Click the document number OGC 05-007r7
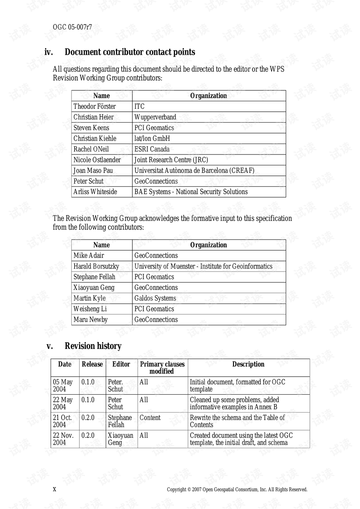pyautogui.click(x=72, y=27)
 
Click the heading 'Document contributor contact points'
pyautogui.click(x=130, y=52)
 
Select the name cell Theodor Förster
pyautogui.click(x=94, y=107)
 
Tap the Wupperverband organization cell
pyautogui.click(x=155, y=117)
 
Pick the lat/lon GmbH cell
pyautogui.click(x=152, y=138)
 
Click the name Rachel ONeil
pyautogui.click(x=91, y=149)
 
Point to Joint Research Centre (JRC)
pyautogui.click(x=171, y=160)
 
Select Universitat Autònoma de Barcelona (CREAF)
pyautogui.click(x=194, y=170)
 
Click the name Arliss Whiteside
pyautogui.click(x=95, y=192)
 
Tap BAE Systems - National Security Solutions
pyautogui.click(x=191, y=192)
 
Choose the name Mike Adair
pyautogui.click(x=89, y=255)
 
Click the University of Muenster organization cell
pyautogui.click(x=203, y=266)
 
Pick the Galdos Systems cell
pyautogui.click(x=155, y=298)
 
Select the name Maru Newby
pyautogui.click(x=90, y=320)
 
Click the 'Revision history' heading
pyautogui.click(x=93, y=346)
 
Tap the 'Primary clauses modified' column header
pyautogui.click(x=162, y=368)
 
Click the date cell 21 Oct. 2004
pyautogui.click(x=62, y=421)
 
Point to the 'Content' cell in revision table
pyautogui.click(x=150, y=417)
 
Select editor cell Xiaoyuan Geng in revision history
pyautogui.click(x=120, y=439)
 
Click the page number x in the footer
pyautogui.click(x=54, y=489)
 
